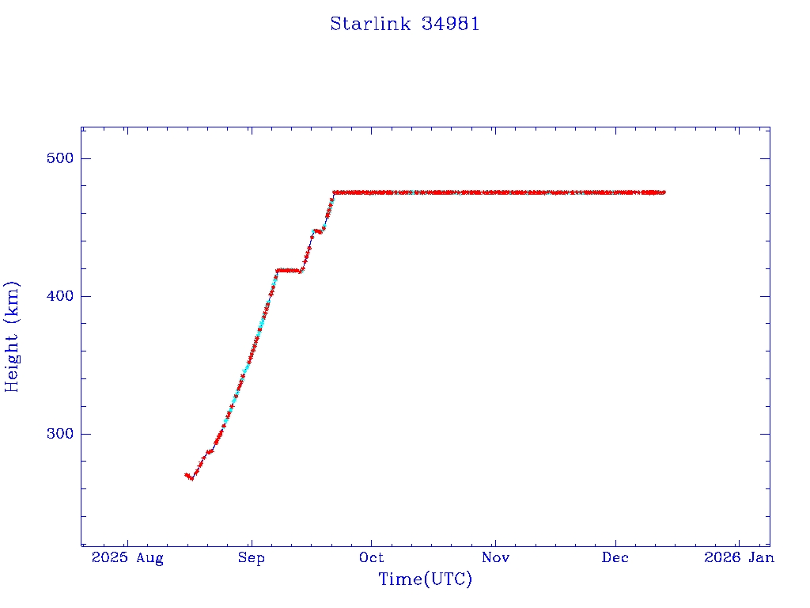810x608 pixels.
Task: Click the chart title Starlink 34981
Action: click(405, 25)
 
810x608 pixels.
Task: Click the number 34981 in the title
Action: click(451, 25)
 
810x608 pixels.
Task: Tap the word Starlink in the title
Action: click(370, 25)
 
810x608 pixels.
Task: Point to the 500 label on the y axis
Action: click(57, 158)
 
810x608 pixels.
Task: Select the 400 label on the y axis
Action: click(57, 296)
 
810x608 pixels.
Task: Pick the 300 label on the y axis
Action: click(57, 434)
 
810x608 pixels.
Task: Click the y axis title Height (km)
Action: click(12, 336)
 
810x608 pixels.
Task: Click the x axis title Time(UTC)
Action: click(425, 579)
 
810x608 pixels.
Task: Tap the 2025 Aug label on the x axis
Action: click(127, 558)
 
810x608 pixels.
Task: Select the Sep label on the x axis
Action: click(251, 558)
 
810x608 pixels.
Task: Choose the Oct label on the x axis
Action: click(372, 558)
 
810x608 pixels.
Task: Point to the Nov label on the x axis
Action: click(494, 558)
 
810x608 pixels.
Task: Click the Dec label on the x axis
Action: click(615, 558)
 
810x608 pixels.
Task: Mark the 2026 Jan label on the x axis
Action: click(739, 558)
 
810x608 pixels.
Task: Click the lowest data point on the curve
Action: click(191, 478)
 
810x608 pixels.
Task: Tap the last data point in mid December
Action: click(664, 192)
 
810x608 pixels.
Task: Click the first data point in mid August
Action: click(186, 475)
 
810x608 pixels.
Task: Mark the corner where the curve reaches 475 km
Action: click(335, 192)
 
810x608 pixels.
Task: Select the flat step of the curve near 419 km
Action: click(289, 270)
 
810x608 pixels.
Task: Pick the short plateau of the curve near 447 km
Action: click(318, 231)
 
